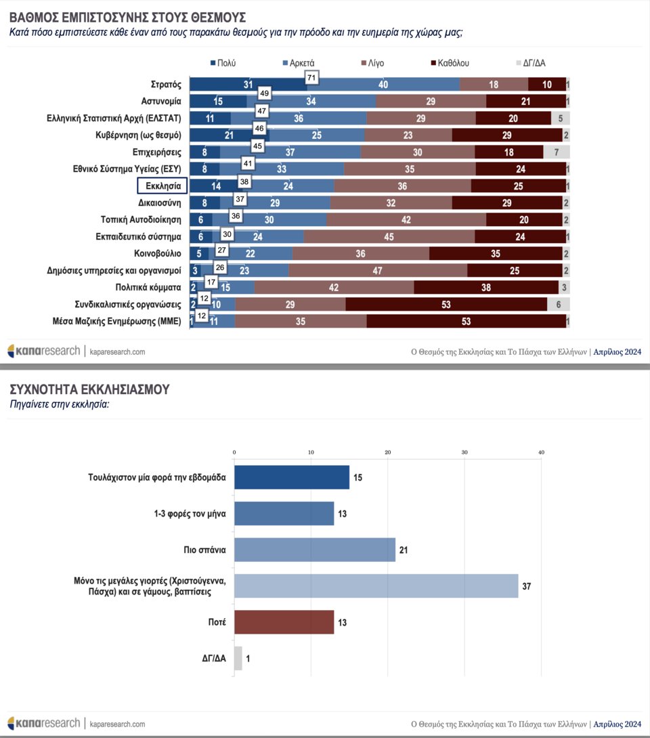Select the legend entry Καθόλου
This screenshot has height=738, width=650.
[x=450, y=64]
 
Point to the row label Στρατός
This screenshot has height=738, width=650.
[x=166, y=85]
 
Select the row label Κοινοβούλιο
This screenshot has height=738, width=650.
[x=158, y=253]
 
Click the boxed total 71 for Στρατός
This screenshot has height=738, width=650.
[x=312, y=78]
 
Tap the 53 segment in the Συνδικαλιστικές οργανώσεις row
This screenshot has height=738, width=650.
[x=446, y=305]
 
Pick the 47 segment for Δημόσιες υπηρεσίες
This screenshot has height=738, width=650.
[x=378, y=271]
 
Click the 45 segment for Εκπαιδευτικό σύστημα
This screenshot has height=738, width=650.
[x=389, y=237]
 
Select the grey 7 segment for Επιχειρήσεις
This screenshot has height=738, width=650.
[x=556, y=152]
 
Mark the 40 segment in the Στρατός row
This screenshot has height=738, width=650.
[x=383, y=85]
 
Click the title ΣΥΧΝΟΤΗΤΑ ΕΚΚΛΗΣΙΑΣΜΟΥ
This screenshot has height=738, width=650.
[x=89, y=389]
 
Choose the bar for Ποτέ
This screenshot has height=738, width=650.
[x=284, y=622]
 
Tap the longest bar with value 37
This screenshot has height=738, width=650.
[x=376, y=585]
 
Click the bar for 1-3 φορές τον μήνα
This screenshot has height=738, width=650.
[x=284, y=513]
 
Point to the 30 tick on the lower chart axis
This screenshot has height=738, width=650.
[x=464, y=453]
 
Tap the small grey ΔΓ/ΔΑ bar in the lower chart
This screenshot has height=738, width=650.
[x=238, y=658]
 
